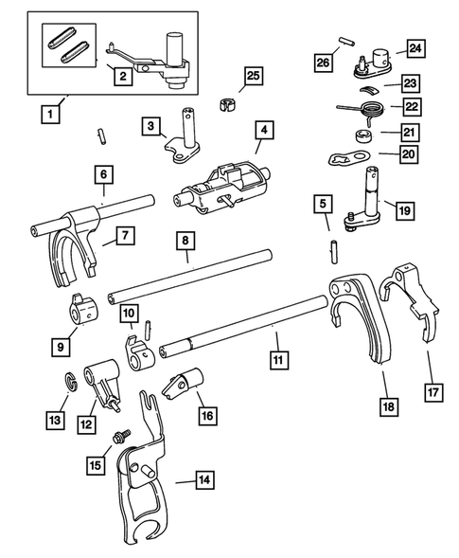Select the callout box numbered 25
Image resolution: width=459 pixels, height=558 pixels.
(252, 76)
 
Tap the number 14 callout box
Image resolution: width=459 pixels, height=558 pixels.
(202, 480)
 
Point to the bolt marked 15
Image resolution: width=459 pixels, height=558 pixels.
(120, 438)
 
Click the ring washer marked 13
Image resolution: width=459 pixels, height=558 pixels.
(70, 381)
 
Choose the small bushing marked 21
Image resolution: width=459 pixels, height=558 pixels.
(363, 133)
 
